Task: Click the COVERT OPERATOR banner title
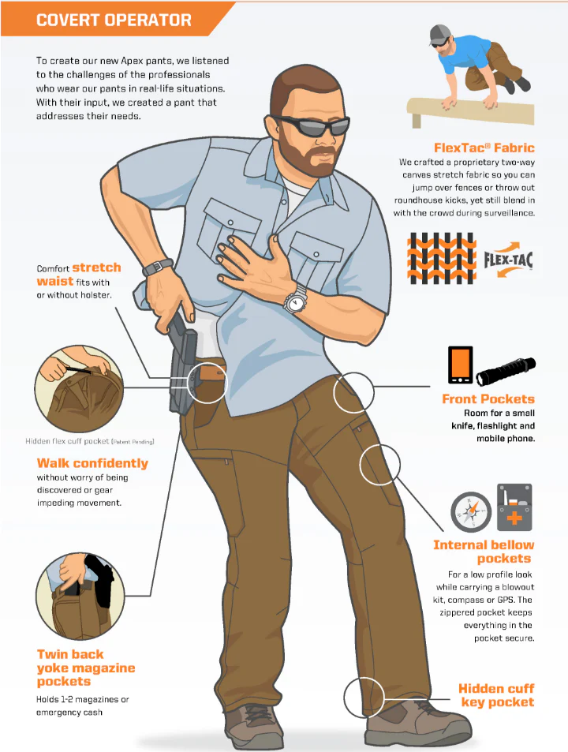(x=114, y=20)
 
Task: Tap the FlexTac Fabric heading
(x=484, y=148)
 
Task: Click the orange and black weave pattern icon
(x=442, y=258)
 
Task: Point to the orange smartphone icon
(x=460, y=365)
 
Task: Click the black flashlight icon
(x=506, y=371)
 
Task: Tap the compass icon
(x=471, y=512)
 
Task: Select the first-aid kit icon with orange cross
(x=514, y=507)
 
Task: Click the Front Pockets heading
(x=488, y=399)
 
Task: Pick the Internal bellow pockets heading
(x=484, y=552)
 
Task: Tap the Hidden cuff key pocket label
(x=496, y=695)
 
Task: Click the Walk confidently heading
(x=92, y=463)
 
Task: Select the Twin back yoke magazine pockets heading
(x=86, y=668)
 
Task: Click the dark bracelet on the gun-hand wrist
(x=158, y=267)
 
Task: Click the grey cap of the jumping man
(x=439, y=34)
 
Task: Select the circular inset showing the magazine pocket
(x=80, y=595)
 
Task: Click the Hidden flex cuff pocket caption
(x=90, y=441)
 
